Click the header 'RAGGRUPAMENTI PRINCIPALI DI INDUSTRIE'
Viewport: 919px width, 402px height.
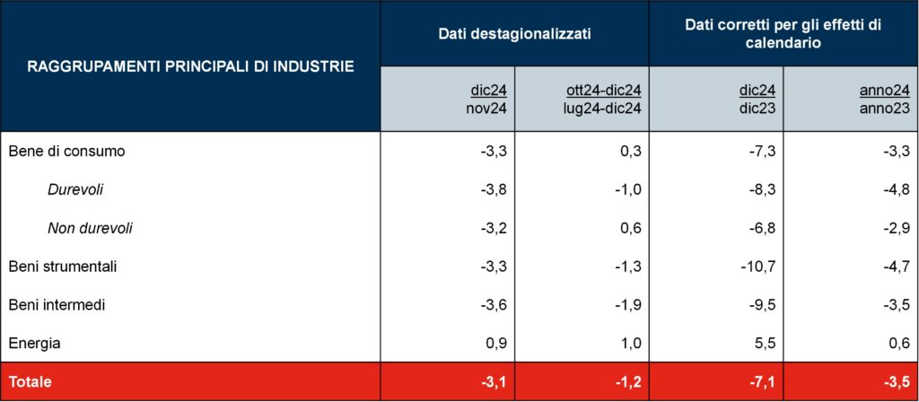point(189,66)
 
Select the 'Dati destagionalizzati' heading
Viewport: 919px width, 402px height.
point(514,33)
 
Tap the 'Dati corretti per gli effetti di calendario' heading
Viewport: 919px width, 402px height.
point(783,33)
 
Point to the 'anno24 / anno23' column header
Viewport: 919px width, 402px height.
point(884,99)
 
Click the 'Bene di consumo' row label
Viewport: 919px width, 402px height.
point(66,151)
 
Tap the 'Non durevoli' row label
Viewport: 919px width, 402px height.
point(90,228)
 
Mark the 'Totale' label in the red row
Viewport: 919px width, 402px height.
point(31,381)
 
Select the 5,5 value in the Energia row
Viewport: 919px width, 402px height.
point(765,343)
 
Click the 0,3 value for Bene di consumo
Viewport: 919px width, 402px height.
point(630,151)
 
